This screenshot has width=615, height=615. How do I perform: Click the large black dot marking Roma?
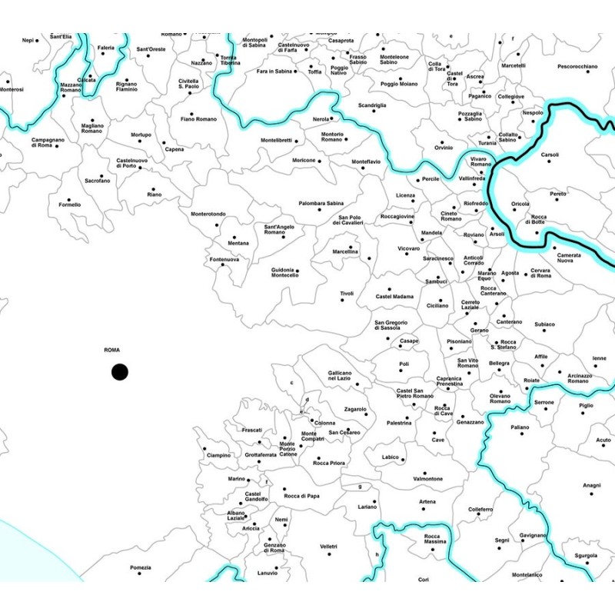[119, 372]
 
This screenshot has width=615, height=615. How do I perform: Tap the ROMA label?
[112, 351]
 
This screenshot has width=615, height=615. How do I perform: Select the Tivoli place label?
[347, 294]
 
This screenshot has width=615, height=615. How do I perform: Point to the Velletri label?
[329, 547]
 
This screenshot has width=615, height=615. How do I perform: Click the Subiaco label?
[544, 324]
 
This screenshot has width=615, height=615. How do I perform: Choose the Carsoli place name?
[550, 155]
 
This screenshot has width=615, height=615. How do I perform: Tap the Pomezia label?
[141, 568]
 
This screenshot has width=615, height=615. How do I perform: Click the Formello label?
[69, 205]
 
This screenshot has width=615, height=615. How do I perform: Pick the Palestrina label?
[399, 423]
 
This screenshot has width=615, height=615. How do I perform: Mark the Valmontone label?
[428, 479]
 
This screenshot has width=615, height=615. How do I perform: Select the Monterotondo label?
[208, 214]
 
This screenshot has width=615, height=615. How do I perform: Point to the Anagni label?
[591, 485]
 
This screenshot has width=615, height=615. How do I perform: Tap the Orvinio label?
[444, 148]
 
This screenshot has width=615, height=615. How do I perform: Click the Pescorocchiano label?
[577, 67]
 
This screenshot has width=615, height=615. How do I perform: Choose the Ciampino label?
[218, 455]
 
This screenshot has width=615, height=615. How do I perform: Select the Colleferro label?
[480, 510]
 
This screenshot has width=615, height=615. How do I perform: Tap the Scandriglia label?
[372, 105]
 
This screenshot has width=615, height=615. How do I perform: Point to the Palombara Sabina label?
[321, 203]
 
